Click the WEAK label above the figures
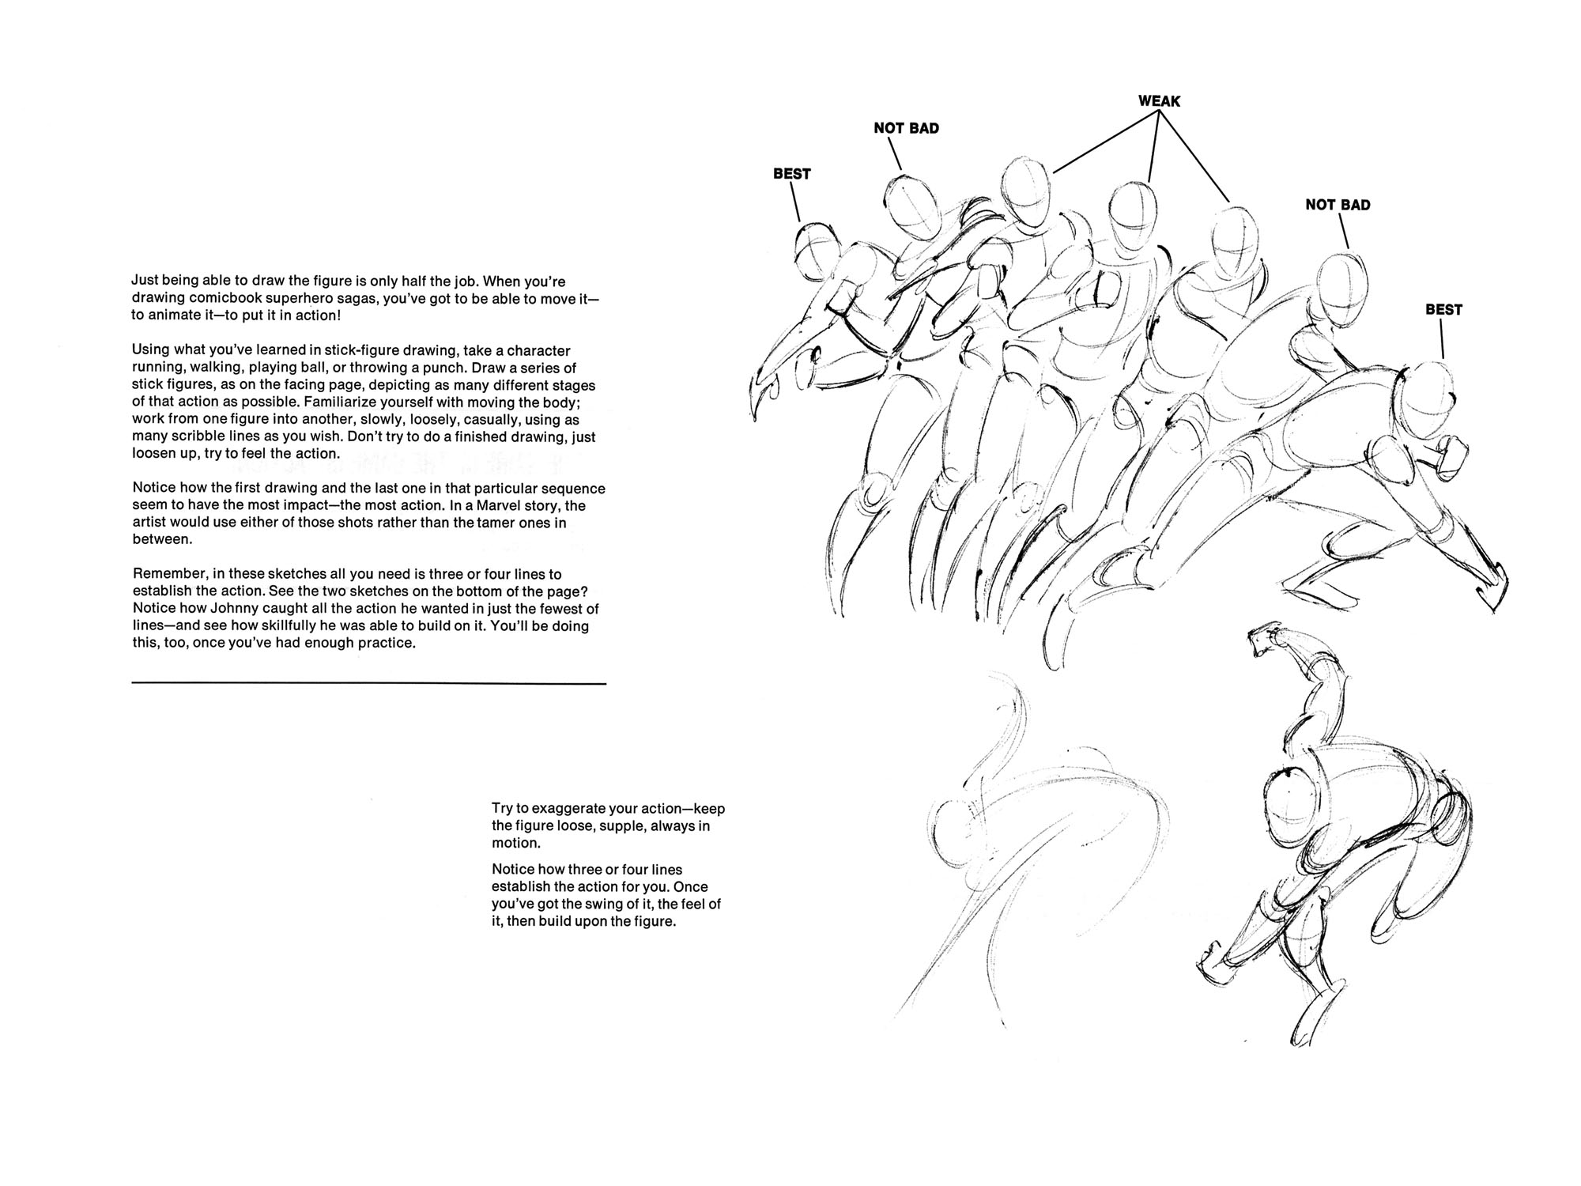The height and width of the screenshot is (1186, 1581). click(x=1159, y=101)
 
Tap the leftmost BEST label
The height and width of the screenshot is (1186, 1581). click(x=791, y=174)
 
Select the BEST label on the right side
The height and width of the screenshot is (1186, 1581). click(x=1443, y=310)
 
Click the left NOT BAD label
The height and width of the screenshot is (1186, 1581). click(x=906, y=128)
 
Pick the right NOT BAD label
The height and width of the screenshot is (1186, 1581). click(x=1338, y=205)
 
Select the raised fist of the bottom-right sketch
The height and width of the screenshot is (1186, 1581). click(x=1266, y=637)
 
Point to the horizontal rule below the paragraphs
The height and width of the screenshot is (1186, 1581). click(x=368, y=683)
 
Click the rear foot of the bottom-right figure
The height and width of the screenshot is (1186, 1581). click(x=1213, y=968)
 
